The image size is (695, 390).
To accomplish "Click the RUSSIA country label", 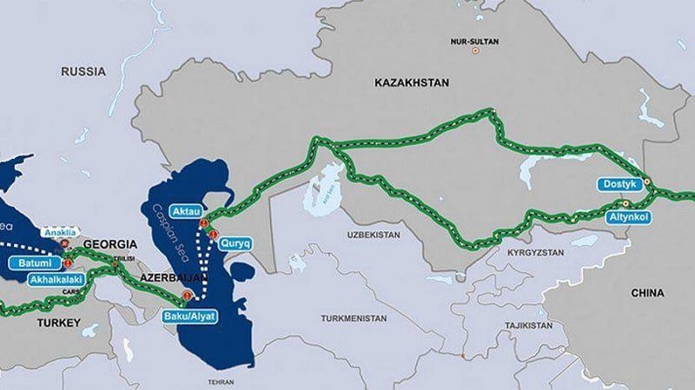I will [83, 72].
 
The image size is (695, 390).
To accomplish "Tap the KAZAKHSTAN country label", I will [411, 83].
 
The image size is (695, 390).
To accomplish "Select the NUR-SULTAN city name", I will [473, 41].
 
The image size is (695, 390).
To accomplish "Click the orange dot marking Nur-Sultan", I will [474, 51].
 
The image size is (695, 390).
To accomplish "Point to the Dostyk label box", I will [619, 184].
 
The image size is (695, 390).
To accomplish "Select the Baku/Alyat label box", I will [190, 316].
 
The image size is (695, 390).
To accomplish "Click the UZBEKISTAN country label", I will [372, 235].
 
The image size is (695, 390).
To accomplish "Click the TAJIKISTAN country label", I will [529, 325].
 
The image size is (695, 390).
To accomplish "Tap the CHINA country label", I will [648, 293].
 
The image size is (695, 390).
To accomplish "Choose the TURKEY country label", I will [58, 323].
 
